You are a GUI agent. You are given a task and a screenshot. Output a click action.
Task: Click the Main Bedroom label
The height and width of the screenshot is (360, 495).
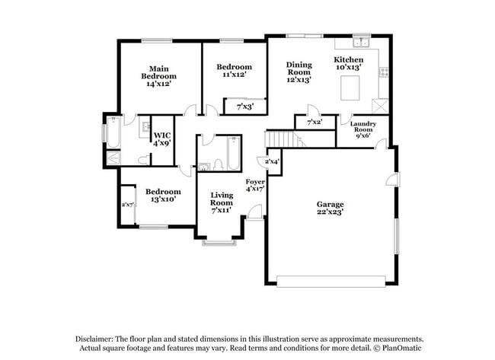click(158, 75)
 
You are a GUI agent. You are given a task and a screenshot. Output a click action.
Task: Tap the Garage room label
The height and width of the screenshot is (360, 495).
click(331, 208)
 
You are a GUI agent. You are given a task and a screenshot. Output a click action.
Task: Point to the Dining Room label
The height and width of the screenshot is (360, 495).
click(299, 72)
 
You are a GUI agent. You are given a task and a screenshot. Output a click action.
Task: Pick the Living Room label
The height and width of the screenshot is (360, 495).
click(222, 202)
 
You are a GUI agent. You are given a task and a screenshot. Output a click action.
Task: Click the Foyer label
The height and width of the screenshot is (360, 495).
click(254, 185)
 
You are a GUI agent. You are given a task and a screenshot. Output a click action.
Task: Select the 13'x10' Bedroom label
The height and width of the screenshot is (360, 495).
click(162, 195)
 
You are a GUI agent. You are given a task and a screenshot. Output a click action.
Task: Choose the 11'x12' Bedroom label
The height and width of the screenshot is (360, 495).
click(233, 72)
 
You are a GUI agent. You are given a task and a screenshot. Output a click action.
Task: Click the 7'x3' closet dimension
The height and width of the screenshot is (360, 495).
click(244, 107)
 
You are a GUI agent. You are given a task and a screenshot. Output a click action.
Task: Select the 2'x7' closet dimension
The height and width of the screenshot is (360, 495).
click(127, 205)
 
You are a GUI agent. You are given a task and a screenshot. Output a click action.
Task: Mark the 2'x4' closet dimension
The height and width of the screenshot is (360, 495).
click(271, 161)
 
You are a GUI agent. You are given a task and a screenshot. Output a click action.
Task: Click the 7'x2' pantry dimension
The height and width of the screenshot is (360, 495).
click(314, 122)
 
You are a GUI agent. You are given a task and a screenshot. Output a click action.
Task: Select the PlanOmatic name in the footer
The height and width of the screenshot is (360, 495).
click(402, 349)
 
